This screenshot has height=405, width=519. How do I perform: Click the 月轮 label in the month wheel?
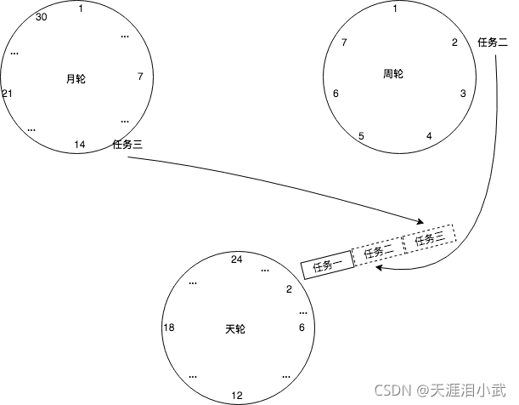tap(76, 79)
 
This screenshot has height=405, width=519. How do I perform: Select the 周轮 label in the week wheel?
tap(393, 74)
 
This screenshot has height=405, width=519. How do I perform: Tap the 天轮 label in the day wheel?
tap(235, 328)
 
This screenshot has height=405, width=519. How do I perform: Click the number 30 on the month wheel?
tap(42, 17)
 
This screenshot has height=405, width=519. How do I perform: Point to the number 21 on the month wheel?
tap(7, 93)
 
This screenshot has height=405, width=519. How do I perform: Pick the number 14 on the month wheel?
tap(79, 145)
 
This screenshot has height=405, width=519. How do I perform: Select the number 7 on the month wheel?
tap(139, 77)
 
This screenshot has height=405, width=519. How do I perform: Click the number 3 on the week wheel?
tap(463, 94)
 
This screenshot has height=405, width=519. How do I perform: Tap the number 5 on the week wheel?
tap(361, 136)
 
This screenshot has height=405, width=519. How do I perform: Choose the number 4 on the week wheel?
tap(429, 136)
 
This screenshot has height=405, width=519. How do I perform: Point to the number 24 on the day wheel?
tap(237, 260)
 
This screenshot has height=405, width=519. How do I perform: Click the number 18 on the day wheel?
tap(169, 328)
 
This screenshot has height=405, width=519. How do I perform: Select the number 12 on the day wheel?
tap(237, 396)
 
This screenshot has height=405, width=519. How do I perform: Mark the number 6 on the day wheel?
tap(302, 328)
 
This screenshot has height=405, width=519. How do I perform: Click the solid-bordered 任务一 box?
tap(326, 265)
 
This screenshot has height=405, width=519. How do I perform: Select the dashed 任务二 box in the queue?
tap(377, 252)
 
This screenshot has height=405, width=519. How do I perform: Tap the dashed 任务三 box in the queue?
tap(429, 239)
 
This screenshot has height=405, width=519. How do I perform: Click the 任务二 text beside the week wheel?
tap(493, 41)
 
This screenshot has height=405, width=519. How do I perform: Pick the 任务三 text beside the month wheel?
tap(127, 145)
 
